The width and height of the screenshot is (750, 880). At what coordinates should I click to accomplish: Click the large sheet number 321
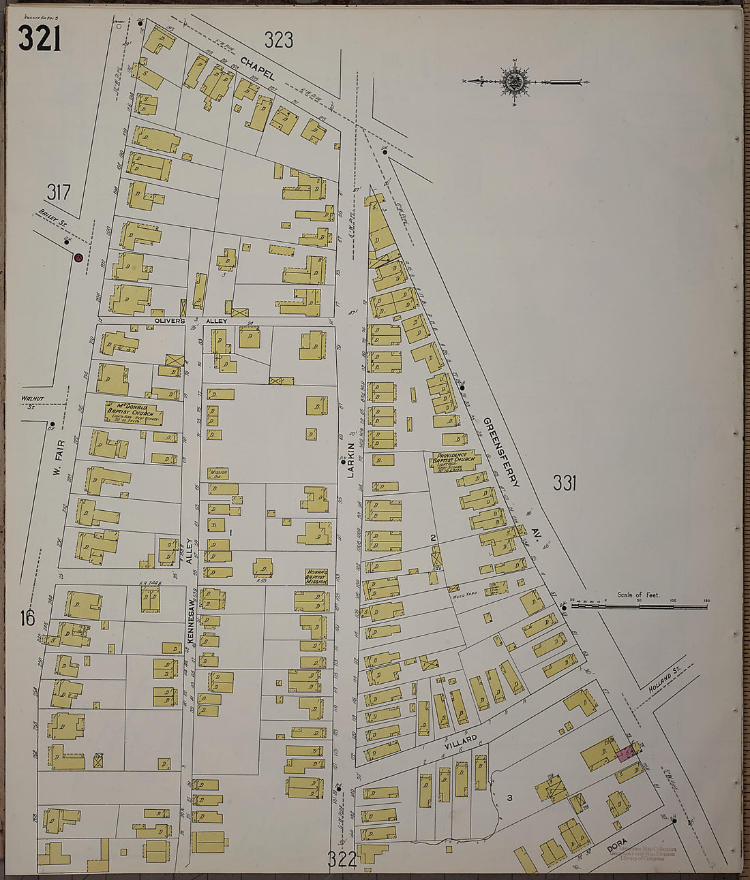coord(40,38)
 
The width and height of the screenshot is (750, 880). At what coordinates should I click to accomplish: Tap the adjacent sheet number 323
coord(279,41)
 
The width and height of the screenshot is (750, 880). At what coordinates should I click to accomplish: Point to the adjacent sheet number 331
coord(565,484)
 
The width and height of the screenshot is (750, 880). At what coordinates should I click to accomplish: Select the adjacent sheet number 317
coord(59,193)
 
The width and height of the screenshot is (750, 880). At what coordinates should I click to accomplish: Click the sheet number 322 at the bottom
coord(342,860)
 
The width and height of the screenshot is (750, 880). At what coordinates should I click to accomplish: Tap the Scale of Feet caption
coord(639,595)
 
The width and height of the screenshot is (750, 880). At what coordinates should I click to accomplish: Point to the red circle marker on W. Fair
coord(78,258)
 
